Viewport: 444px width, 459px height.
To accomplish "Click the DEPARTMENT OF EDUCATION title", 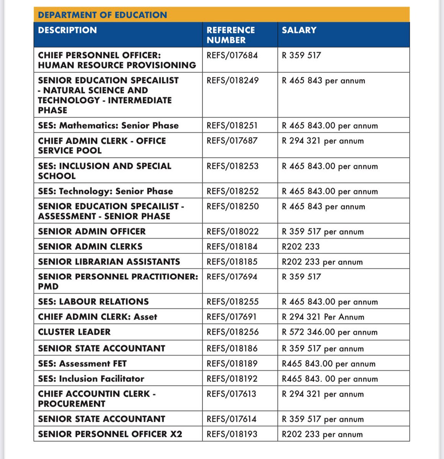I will [x=103, y=15].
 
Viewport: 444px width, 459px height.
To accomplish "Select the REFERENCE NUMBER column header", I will [x=230, y=35].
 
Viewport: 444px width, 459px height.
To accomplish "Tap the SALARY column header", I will [x=299, y=30].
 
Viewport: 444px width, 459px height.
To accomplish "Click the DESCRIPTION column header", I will [x=67, y=30].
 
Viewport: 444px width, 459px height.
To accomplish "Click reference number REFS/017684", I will [x=232, y=55].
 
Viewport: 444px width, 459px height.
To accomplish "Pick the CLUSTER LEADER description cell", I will [x=74, y=332].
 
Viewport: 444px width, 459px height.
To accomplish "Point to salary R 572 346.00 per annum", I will [x=330, y=332].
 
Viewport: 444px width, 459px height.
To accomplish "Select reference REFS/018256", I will [x=232, y=332].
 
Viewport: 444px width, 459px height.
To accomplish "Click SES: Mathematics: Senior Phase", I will [x=108, y=125].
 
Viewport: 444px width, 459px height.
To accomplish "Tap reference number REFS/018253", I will [x=232, y=166].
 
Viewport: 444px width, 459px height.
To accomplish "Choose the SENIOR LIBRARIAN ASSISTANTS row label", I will [x=109, y=262].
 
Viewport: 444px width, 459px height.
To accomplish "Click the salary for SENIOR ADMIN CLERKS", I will [x=300, y=247].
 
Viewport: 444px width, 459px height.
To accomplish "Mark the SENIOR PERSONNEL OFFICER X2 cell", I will [x=110, y=434].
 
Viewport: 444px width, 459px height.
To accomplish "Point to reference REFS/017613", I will [x=231, y=394].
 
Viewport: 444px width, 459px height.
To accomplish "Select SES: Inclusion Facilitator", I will [x=91, y=379].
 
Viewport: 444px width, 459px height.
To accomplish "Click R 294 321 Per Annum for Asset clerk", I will [x=323, y=317].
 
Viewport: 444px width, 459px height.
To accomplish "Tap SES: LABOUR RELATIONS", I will [x=93, y=301].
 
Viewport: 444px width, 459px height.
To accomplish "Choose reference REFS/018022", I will [x=232, y=231].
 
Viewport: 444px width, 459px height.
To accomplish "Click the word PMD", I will [x=48, y=286].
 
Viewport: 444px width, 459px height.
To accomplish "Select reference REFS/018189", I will [x=232, y=363].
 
